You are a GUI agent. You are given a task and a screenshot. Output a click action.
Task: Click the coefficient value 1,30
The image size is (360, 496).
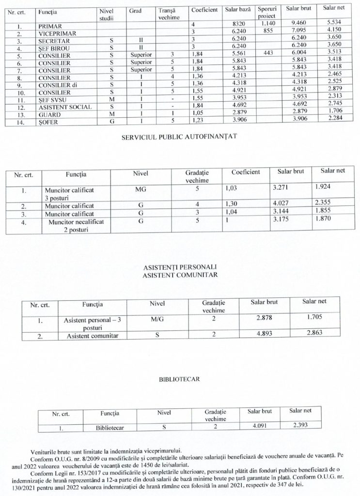(233, 205)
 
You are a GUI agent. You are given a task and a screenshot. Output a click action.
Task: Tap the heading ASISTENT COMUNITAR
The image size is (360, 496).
(180, 275)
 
